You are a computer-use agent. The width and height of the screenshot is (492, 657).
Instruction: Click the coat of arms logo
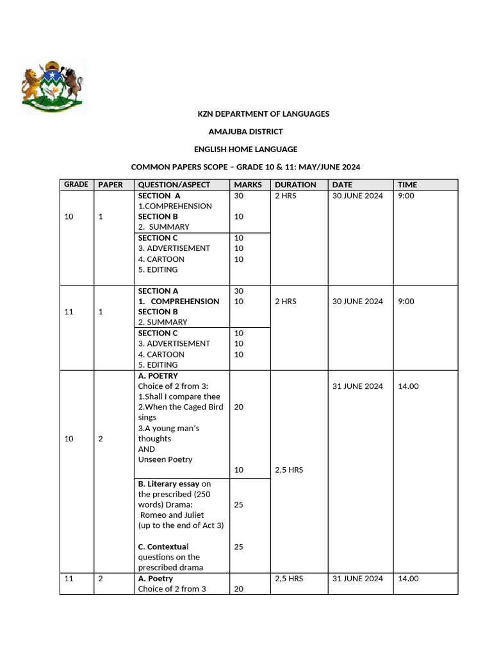point(53,87)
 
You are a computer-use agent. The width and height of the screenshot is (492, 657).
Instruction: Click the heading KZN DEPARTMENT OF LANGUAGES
point(263,114)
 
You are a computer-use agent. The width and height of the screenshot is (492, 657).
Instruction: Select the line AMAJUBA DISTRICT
point(245,132)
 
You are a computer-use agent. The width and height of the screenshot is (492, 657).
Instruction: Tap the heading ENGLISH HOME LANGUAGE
point(245,149)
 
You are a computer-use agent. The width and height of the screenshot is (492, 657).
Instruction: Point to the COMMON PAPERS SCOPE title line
point(245,167)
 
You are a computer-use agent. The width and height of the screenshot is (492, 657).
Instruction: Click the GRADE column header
point(76,185)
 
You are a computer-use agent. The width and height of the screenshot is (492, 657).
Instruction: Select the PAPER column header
point(110,185)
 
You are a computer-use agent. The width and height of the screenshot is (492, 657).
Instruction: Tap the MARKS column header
point(248,185)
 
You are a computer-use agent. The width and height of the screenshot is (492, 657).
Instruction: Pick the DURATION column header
point(295,185)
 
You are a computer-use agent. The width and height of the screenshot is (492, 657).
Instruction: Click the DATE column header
point(342,185)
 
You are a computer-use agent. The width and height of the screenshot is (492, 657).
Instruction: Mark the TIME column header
point(407,185)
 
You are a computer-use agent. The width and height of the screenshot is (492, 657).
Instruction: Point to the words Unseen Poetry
point(165,459)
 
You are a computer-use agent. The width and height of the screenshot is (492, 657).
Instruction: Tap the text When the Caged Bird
point(181,407)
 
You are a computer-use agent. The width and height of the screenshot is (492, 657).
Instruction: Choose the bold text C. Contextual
point(163,547)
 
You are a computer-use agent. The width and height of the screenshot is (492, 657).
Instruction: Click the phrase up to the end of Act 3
point(181,525)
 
